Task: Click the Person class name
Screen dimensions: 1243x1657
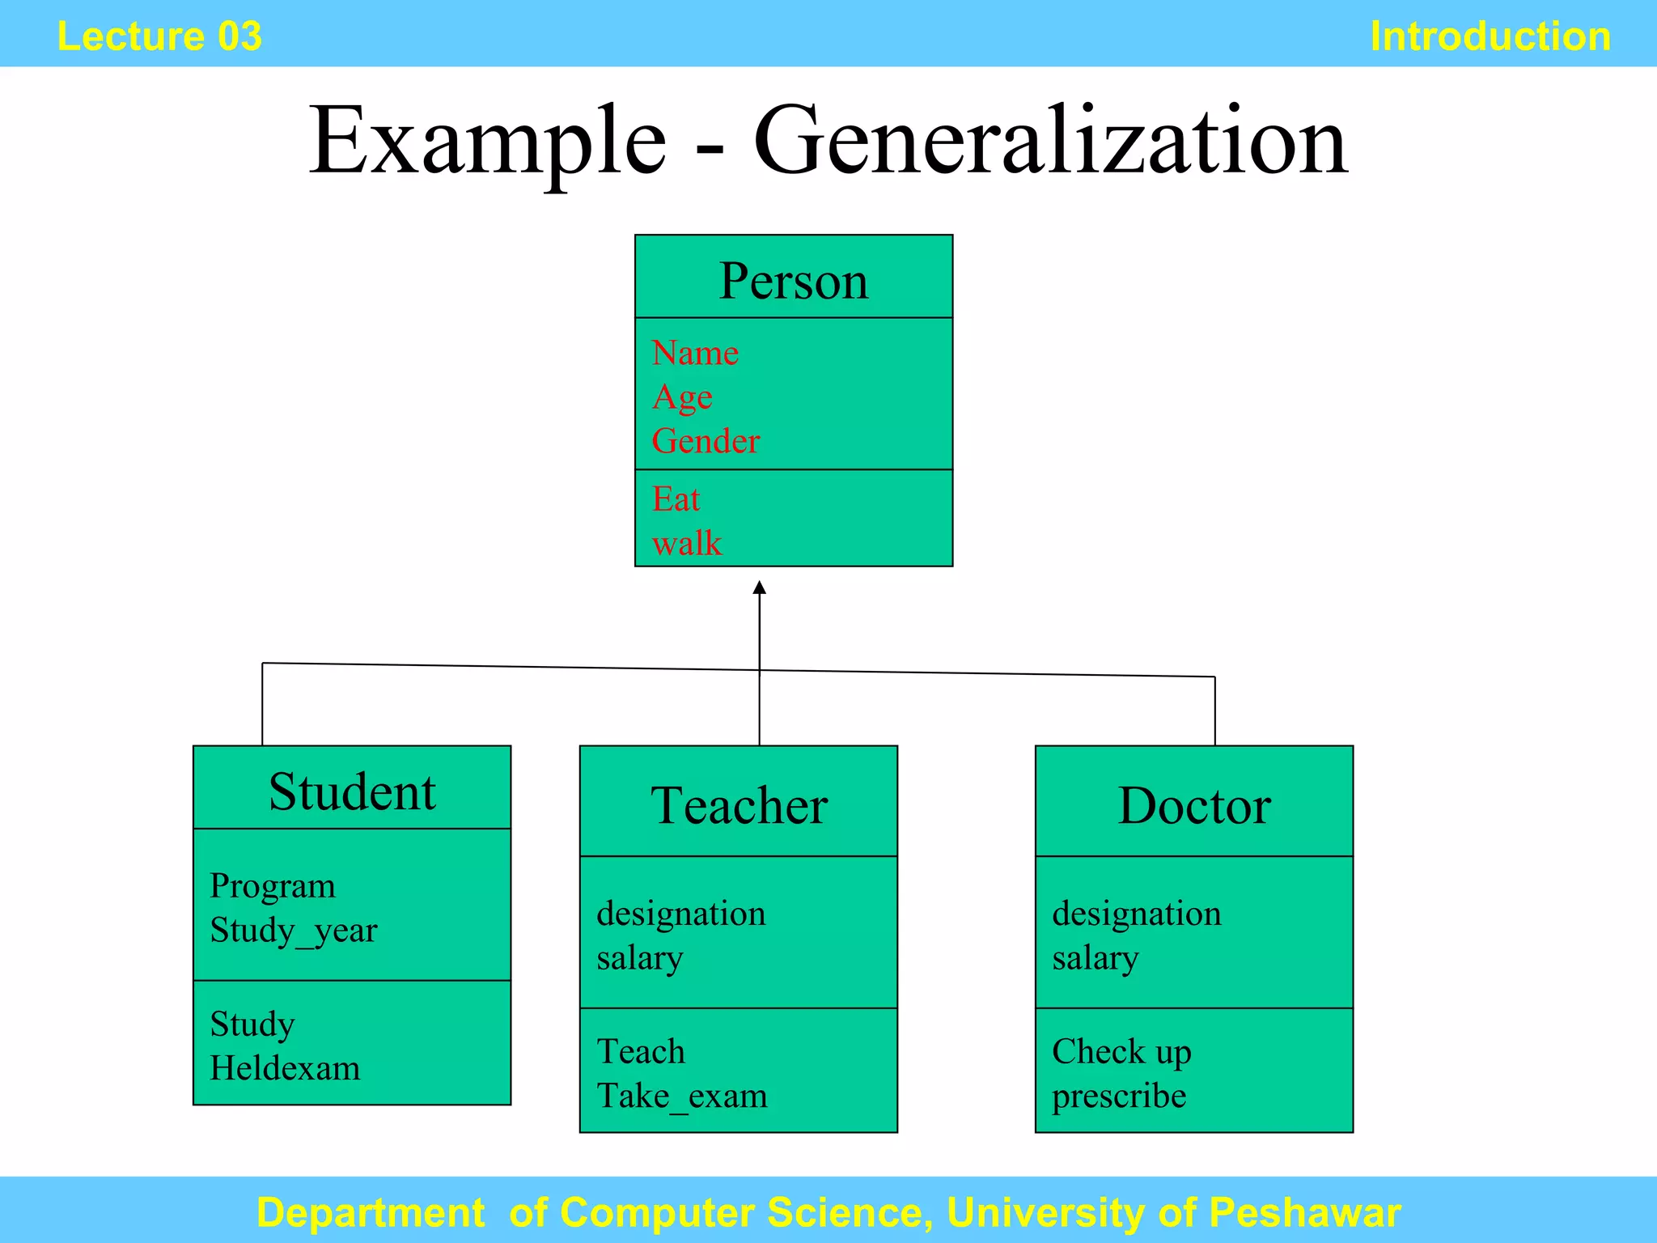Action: point(793,281)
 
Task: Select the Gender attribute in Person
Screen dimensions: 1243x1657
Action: point(706,441)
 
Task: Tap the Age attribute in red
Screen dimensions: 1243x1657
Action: point(682,397)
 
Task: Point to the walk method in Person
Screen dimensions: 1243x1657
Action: point(687,543)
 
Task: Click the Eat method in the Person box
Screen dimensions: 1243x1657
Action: point(676,499)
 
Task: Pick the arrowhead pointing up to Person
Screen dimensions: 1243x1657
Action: point(759,588)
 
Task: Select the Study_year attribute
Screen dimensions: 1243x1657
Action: point(293,930)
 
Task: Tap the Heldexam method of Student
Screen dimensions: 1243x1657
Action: point(285,1068)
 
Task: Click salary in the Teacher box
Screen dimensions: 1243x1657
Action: point(640,958)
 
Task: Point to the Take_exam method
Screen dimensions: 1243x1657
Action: point(682,1096)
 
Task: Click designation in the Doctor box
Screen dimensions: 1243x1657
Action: point(1136,914)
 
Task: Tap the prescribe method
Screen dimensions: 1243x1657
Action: point(1119,1096)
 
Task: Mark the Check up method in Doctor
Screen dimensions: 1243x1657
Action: point(1121,1051)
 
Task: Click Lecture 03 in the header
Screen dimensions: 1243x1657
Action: point(159,36)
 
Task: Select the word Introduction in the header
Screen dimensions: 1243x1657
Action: point(1490,36)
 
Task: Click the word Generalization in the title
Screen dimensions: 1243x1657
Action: point(1050,141)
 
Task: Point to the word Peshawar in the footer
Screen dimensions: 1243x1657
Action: point(1304,1212)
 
